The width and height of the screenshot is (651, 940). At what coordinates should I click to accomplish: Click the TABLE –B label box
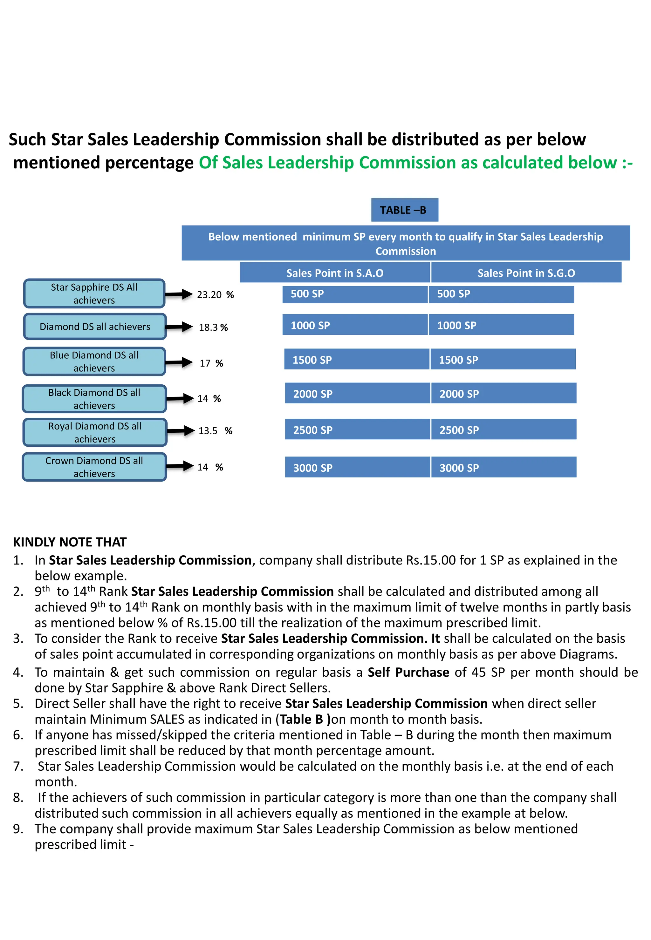click(x=404, y=210)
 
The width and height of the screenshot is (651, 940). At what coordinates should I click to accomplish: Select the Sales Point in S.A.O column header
click(x=335, y=273)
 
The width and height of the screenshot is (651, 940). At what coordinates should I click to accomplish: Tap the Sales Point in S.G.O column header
click(x=526, y=273)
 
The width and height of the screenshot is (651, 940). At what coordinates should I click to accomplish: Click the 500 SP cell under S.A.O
click(x=354, y=294)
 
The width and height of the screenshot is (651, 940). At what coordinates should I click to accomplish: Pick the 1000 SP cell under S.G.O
click(x=501, y=325)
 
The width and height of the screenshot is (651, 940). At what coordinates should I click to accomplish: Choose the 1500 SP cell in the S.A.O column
click(x=357, y=360)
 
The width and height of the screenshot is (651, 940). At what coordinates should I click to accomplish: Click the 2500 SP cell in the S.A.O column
click(x=357, y=429)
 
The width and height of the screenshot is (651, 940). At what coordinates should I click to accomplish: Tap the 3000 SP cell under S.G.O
click(x=503, y=467)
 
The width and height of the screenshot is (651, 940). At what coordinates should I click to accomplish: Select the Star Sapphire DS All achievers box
click(x=94, y=294)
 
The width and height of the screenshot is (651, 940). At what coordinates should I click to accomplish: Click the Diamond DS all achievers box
click(x=95, y=327)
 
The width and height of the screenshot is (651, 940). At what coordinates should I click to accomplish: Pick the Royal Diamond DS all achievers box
click(x=95, y=432)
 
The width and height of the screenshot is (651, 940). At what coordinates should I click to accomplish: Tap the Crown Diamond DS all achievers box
click(x=94, y=467)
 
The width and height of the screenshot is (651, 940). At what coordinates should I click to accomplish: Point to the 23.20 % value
click(x=215, y=295)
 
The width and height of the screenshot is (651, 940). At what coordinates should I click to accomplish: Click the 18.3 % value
click(x=213, y=327)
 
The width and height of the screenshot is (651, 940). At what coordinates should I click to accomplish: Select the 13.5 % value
click(x=215, y=431)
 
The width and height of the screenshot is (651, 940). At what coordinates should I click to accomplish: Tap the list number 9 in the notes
click(x=17, y=829)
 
